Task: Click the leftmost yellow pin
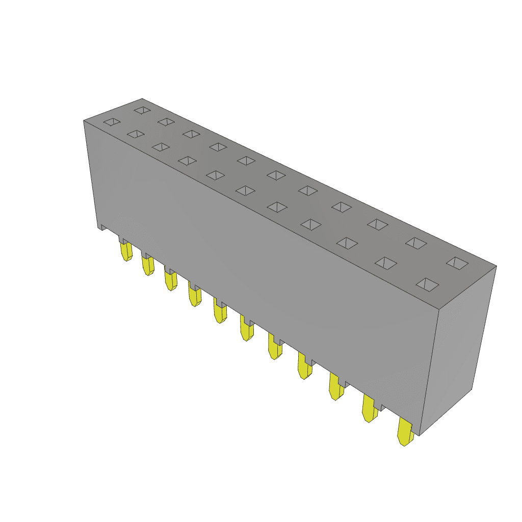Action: point(126,251)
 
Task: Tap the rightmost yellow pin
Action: point(405,432)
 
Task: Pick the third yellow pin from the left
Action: point(170,280)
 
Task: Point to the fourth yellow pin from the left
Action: point(195,296)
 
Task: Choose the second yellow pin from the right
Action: point(369,409)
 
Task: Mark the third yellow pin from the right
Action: point(336,387)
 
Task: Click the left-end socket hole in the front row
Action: point(112,122)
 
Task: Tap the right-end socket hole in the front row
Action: point(427,284)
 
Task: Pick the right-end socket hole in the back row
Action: point(457,263)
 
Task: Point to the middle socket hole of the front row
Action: point(245,190)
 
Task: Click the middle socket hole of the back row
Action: point(276,175)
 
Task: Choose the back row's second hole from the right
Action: point(416,243)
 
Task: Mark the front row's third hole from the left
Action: point(161,147)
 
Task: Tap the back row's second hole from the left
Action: point(166,121)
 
